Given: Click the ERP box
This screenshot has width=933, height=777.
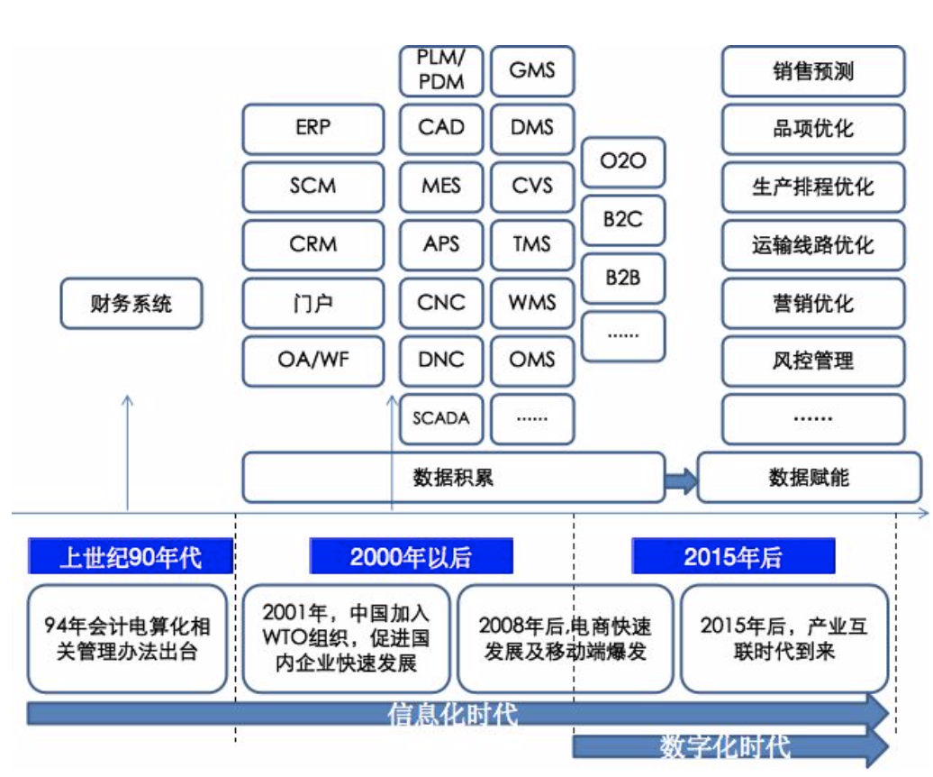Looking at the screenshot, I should pyautogui.click(x=313, y=128).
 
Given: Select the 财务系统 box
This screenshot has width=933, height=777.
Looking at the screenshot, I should pyautogui.click(x=131, y=304).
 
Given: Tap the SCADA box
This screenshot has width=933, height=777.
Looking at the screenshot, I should pyautogui.click(x=441, y=418).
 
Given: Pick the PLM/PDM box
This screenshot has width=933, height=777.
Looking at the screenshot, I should pyautogui.click(x=441, y=71).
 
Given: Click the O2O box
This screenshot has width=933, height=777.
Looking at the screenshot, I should pyautogui.click(x=623, y=163).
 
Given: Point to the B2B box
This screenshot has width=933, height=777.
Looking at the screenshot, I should pyautogui.click(x=623, y=279).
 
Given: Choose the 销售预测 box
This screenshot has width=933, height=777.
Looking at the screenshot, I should pyautogui.click(x=812, y=71).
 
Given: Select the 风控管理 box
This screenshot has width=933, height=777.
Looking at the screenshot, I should pyautogui.click(x=812, y=361).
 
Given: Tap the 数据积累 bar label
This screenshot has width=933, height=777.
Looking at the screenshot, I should pyautogui.click(x=453, y=477).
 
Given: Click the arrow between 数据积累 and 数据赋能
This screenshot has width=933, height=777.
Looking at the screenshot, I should pyautogui.click(x=681, y=478).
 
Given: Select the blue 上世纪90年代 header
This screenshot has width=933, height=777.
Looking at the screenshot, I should pyautogui.click(x=131, y=557).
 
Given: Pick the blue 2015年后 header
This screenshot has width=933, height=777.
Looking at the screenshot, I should pyautogui.click(x=733, y=557).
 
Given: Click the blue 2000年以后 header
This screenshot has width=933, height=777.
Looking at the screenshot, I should pyautogui.click(x=411, y=557).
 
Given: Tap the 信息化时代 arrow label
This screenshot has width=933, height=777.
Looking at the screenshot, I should pyautogui.click(x=453, y=715).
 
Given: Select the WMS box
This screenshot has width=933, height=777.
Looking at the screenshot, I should pyautogui.click(x=532, y=302).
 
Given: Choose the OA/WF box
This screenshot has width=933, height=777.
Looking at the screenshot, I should pyautogui.click(x=313, y=361).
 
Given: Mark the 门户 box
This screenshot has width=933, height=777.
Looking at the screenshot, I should pyautogui.click(x=313, y=302).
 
